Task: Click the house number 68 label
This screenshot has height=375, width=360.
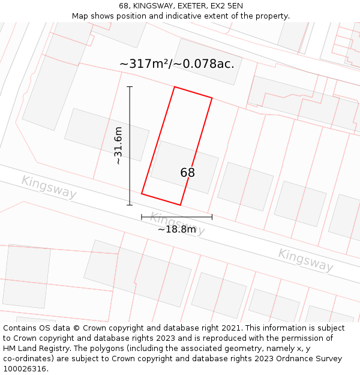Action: pos(187,173)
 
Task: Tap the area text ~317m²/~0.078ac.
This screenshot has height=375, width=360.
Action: pos(176,64)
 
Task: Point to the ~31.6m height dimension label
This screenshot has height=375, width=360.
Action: pos(118,145)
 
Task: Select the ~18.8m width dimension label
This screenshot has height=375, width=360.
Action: pos(176,229)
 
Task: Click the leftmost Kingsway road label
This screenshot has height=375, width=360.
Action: pos(49,187)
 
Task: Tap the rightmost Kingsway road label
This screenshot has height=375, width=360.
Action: pos(305,259)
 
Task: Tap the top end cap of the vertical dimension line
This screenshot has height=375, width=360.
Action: pos(130,87)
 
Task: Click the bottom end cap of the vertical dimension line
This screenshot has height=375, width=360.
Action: pos(130,205)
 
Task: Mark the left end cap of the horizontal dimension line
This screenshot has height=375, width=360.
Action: pos(142,217)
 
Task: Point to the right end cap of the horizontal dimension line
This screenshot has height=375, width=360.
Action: pos(212,217)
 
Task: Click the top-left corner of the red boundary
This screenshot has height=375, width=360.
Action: pos(174,87)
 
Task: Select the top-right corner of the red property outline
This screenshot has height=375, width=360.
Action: pos(212,98)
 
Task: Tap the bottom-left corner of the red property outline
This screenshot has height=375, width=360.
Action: pos(142,193)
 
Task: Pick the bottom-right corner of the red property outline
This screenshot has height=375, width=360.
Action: pos(180,205)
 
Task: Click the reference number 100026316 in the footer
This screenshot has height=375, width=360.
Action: pos(25,368)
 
